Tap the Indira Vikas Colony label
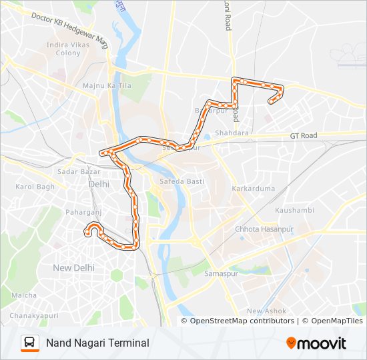click(x=67, y=49)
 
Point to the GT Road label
click(x=304, y=135)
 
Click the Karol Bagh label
click(x=35, y=187)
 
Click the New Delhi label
click(x=73, y=267)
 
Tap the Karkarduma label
click(x=253, y=189)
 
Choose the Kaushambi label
click(x=293, y=210)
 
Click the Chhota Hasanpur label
click(x=264, y=229)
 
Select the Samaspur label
click(x=220, y=274)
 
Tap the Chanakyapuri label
click(x=33, y=315)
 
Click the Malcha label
click(x=24, y=295)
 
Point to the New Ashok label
click(x=266, y=311)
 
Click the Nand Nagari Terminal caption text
click(x=97, y=343)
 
